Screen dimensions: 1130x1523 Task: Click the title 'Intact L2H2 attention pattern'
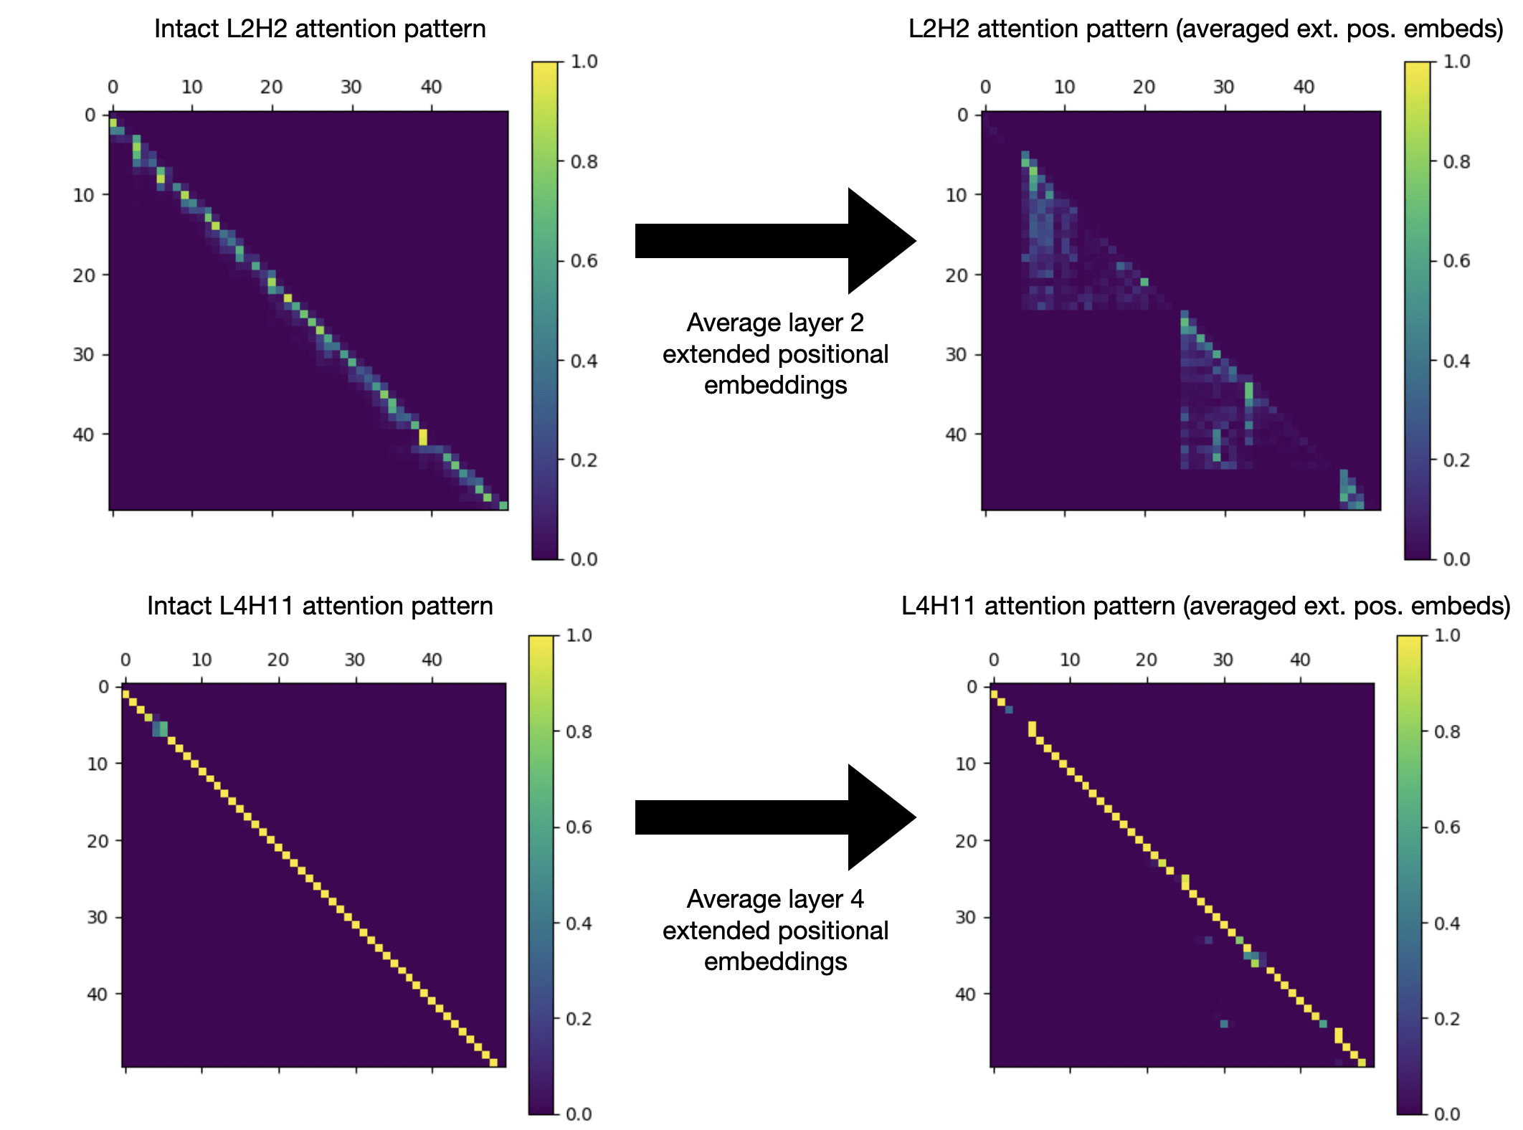click(x=320, y=29)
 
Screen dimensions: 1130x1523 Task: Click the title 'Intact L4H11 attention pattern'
click(x=320, y=607)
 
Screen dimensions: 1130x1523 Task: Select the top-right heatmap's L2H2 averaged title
click(x=1205, y=29)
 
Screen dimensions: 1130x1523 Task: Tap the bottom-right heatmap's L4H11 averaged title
click(x=1205, y=607)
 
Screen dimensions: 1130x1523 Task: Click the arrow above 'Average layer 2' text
click(x=774, y=241)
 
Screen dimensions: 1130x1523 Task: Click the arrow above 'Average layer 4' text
click(x=774, y=817)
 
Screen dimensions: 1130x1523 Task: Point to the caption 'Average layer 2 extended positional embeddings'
click(x=775, y=354)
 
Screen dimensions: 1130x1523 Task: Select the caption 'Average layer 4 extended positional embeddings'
click(x=775, y=931)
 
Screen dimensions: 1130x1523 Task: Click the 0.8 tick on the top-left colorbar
click(x=584, y=162)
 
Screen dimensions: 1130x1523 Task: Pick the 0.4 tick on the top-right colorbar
click(x=1456, y=361)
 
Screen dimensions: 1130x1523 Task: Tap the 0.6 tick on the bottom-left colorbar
click(x=579, y=827)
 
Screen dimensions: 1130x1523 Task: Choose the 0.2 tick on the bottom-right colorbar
click(x=1447, y=1019)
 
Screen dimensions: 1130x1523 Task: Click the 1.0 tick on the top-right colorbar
click(x=1456, y=62)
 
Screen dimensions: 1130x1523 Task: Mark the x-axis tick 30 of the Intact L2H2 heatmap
click(x=351, y=87)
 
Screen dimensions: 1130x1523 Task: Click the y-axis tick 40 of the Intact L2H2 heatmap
click(x=84, y=435)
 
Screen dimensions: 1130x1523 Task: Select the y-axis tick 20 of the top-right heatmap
click(x=957, y=275)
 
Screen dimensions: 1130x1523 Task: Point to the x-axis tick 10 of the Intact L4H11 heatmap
click(x=201, y=660)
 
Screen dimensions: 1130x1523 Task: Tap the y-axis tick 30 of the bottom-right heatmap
click(x=965, y=918)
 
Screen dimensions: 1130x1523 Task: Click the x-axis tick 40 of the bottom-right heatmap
click(x=1300, y=660)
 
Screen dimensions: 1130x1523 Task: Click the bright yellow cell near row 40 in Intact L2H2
click(x=423, y=437)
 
